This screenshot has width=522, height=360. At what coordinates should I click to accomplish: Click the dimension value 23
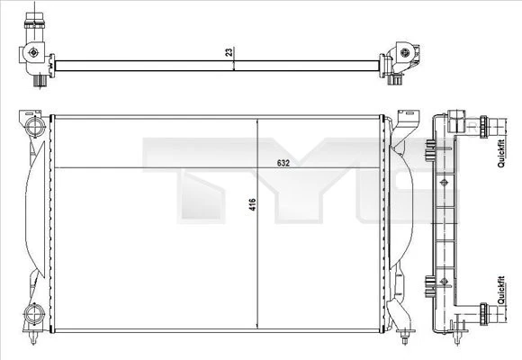229,52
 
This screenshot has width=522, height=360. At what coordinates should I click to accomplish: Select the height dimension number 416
253,205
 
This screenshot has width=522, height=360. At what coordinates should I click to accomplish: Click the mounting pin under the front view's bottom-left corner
33,339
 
